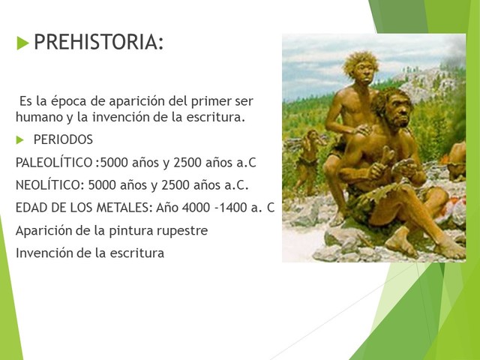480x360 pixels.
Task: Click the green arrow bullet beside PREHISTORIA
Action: coord(22,42)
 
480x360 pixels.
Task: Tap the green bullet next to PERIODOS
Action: coord(20,140)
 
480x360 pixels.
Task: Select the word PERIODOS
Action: coord(63,140)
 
